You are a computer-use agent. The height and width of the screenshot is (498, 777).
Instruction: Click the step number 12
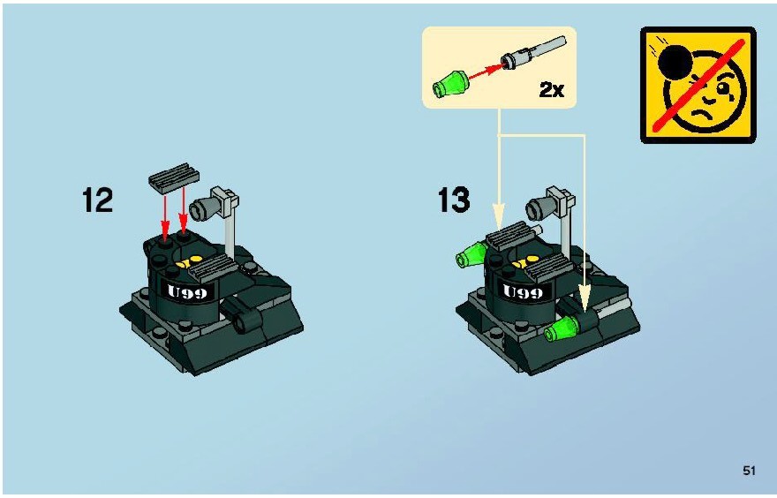pos(98,200)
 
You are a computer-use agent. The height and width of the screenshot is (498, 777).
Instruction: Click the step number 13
pos(454,200)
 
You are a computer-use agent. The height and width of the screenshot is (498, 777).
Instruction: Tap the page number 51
pos(750,471)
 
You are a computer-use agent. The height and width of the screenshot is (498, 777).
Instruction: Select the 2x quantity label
pos(552,90)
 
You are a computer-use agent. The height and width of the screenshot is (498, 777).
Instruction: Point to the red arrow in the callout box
pos(486,72)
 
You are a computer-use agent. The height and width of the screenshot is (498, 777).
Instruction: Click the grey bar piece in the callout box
pos(534,52)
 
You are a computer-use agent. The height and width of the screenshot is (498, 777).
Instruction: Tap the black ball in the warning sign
pos(675,63)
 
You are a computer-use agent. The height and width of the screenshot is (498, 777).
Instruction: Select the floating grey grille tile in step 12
pos(174,177)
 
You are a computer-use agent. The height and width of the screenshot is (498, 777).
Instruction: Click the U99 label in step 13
pos(523,292)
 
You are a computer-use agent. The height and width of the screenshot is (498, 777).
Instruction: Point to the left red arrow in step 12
pos(165,215)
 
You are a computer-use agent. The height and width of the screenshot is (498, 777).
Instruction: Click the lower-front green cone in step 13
pos(562,328)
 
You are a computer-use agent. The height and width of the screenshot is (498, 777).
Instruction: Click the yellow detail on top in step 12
pos(189,261)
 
